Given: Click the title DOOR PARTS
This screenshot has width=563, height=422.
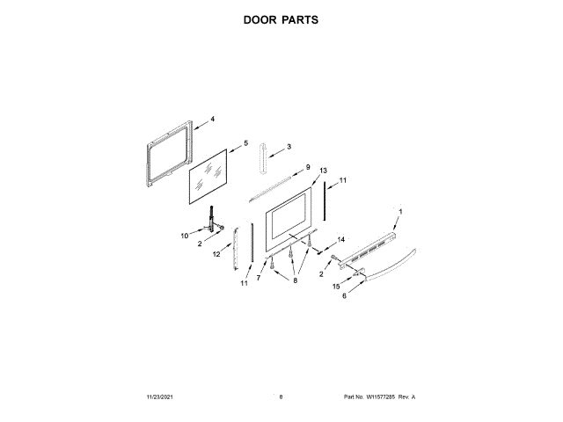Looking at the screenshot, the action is tap(281, 18).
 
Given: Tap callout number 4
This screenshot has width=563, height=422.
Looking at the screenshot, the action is tap(212, 119).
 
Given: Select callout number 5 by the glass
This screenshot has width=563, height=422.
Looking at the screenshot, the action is tap(246, 142).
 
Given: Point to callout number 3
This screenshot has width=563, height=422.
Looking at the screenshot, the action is tap(289, 146).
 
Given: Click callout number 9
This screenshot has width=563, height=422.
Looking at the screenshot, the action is tap(308, 167).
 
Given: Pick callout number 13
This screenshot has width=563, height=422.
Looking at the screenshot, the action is tap(323, 170).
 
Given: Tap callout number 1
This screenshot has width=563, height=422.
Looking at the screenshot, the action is tap(400, 212).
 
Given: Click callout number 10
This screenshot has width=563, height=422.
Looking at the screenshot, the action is tap(186, 236).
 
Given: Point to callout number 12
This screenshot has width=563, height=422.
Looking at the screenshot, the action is tap(216, 254).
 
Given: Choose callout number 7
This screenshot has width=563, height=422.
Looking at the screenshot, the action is tap(259, 278).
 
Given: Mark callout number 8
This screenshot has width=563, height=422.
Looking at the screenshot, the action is tap(296, 280).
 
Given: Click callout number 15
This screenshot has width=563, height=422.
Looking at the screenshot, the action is tap(335, 287).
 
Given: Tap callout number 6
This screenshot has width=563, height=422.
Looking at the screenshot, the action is tap(345, 296).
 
